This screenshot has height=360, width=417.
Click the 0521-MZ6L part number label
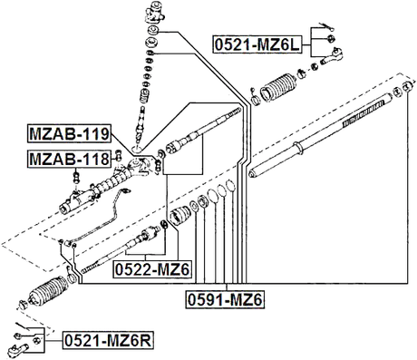click(257, 42)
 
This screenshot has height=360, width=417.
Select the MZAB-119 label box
click(69, 136)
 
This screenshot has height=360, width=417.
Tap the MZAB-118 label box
click(69, 160)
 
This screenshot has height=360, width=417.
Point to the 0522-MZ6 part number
click(151, 269)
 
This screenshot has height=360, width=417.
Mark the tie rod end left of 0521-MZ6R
click(25, 340)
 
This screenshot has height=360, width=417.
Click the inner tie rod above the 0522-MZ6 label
click(118, 254)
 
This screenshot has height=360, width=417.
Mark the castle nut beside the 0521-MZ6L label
click(333, 38)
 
